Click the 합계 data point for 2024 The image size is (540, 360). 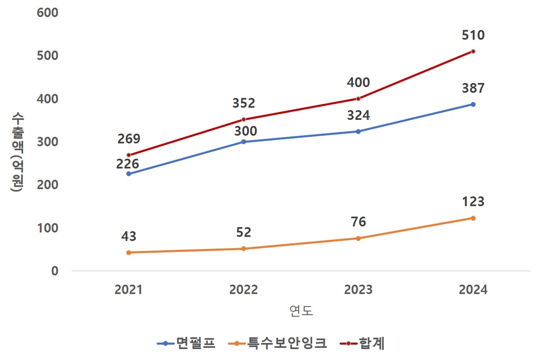click(473, 51)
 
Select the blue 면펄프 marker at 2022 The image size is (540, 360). click(243, 142)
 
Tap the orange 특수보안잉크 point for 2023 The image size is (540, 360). click(358, 238)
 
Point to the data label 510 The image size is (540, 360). click(473, 35)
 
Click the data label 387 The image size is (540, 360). click(473, 88)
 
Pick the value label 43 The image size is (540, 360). click(129, 236)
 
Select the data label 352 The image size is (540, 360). click(243, 103)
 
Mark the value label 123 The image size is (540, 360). click(473, 202)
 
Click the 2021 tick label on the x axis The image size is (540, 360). click(129, 290)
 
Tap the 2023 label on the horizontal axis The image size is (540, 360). click(358, 290)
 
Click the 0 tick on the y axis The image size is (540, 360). click(55, 271)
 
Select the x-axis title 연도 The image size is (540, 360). click(301, 311)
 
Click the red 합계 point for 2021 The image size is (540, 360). click(129, 155)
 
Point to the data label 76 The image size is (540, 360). click(358, 222)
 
